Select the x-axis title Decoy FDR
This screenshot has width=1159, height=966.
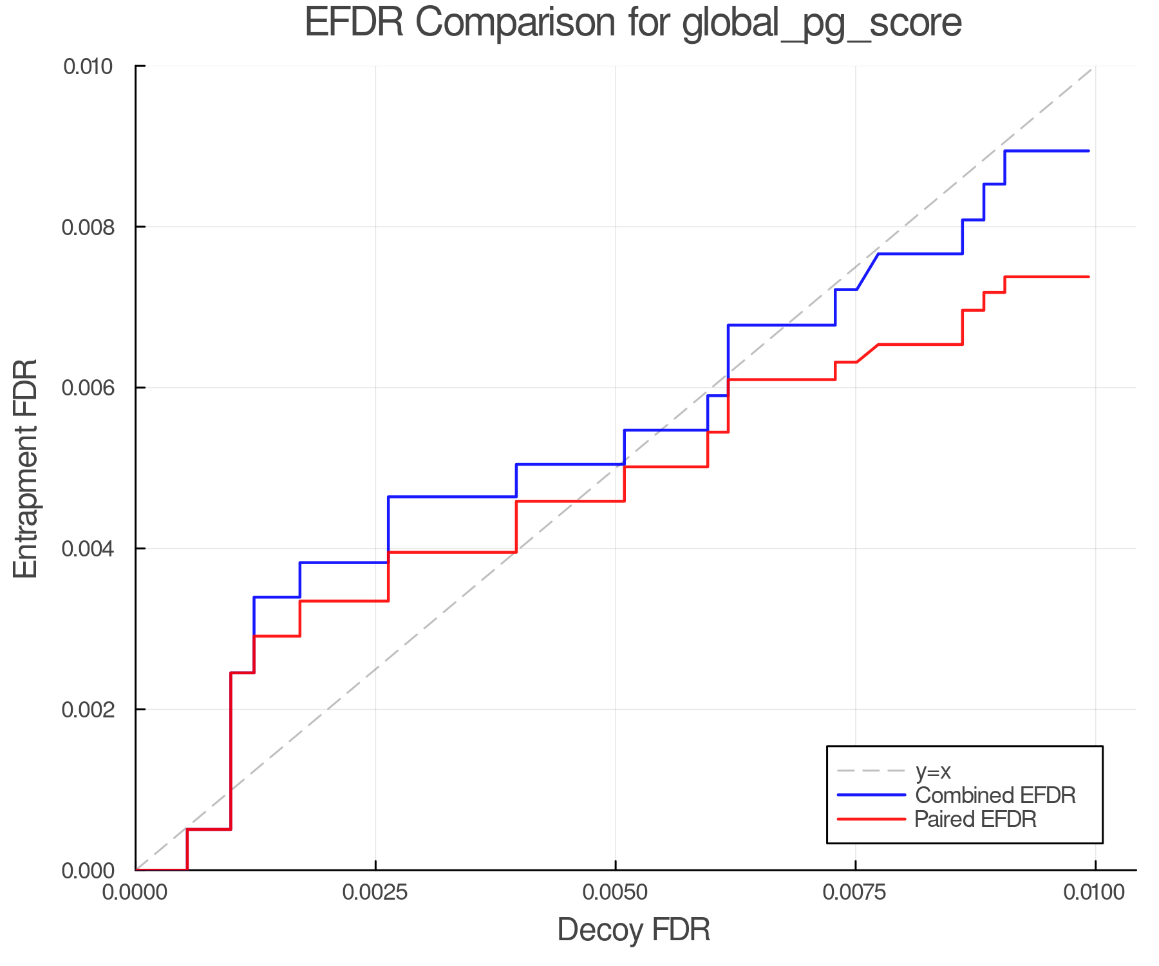tap(634, 930)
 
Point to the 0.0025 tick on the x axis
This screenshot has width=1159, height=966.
tap(375, 893)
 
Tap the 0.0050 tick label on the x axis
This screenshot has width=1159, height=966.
tap(616, 893)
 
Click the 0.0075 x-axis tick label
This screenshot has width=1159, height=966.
tap(855, 893)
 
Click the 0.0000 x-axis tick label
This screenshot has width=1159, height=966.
tap(135, 893)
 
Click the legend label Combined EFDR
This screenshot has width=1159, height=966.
tap(995, 795)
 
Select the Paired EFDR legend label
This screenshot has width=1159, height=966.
tap(975, 819)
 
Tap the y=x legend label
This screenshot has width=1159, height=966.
tap(933, 772)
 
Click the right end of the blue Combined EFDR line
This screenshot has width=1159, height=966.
tap(1088, 151)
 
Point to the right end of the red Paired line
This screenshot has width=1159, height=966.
tap(1088, 277)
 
